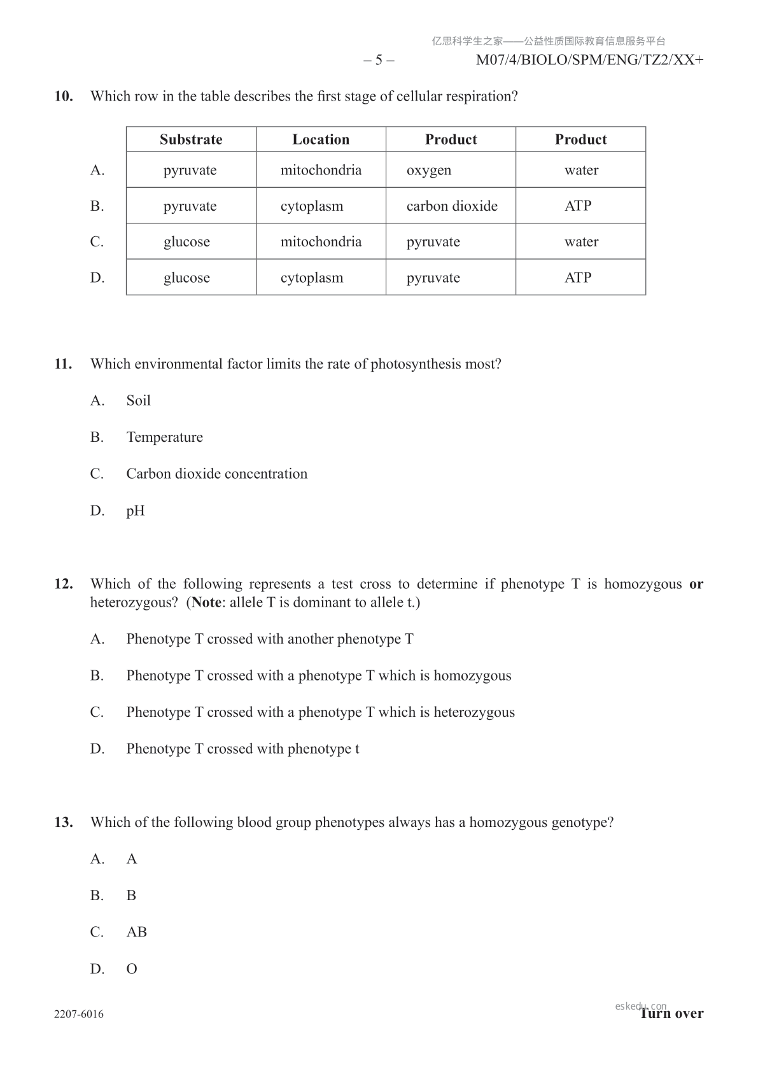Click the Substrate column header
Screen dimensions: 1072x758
pyautogui.click(x=191, y=139)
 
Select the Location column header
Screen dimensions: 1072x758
pyautogui.click(x=321, y=139)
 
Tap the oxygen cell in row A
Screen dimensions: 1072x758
pyautogui.click(x=429, y=170)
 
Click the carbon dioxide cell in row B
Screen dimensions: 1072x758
pyautogui.click(x=452, y=206)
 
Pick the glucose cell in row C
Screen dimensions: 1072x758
pyautogui.click(x=186, y=242)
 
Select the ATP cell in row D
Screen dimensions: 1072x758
pyautogui.click(x=578, y=278)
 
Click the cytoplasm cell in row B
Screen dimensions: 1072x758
pyautogui.click(x=312, y=206)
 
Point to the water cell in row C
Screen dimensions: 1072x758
pyautogui.click(x=581, y=242)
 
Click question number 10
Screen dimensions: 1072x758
pyautogui.click(x=64, y=97)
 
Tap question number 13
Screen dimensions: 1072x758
pyautogui.click(x=64, y=822)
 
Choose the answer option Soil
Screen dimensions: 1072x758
pyautogui.click(x=138, y=400)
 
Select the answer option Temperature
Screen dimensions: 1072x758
pyautogui.click(x=164, y=437)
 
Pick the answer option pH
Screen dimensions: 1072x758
pyautogui.click(x=136, y=511)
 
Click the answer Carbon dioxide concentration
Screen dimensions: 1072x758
pyautogui.click(x=216, y=474)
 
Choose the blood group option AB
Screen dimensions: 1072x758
pyautogui.click(x=136, y=932)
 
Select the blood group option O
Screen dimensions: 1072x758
pyautogui.click(x=132, y=969)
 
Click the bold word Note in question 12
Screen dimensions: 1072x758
pyautogui.click(x=206, y=602)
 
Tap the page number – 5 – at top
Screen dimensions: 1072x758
pyautogui.click(x=379, y=60)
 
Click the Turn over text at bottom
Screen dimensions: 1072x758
pyautogui.click(x=671, y=1013)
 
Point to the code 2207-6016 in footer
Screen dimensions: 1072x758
pyautogui.click(x=79, y=1014)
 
